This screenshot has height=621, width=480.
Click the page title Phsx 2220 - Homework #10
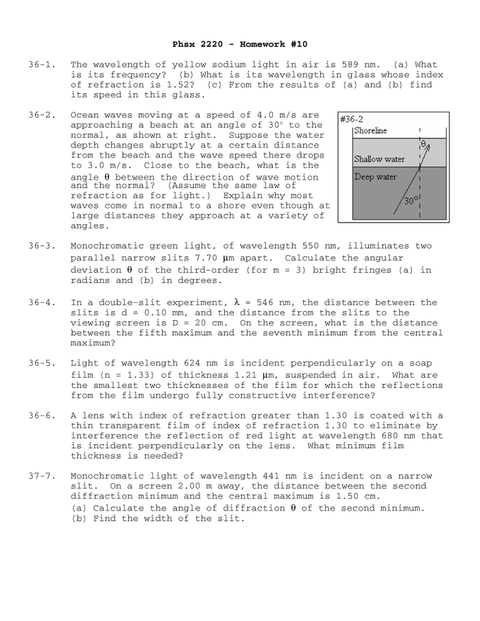point(239,44)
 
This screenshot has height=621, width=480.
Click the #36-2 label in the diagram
point(352,119)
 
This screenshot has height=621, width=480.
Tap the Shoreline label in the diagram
point(370,131)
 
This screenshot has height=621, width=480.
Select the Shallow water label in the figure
point(379,160)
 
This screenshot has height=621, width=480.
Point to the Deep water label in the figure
point(375,178)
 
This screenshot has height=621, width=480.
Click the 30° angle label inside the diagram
point(410,202)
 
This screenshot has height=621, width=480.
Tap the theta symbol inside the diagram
point(424,145)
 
